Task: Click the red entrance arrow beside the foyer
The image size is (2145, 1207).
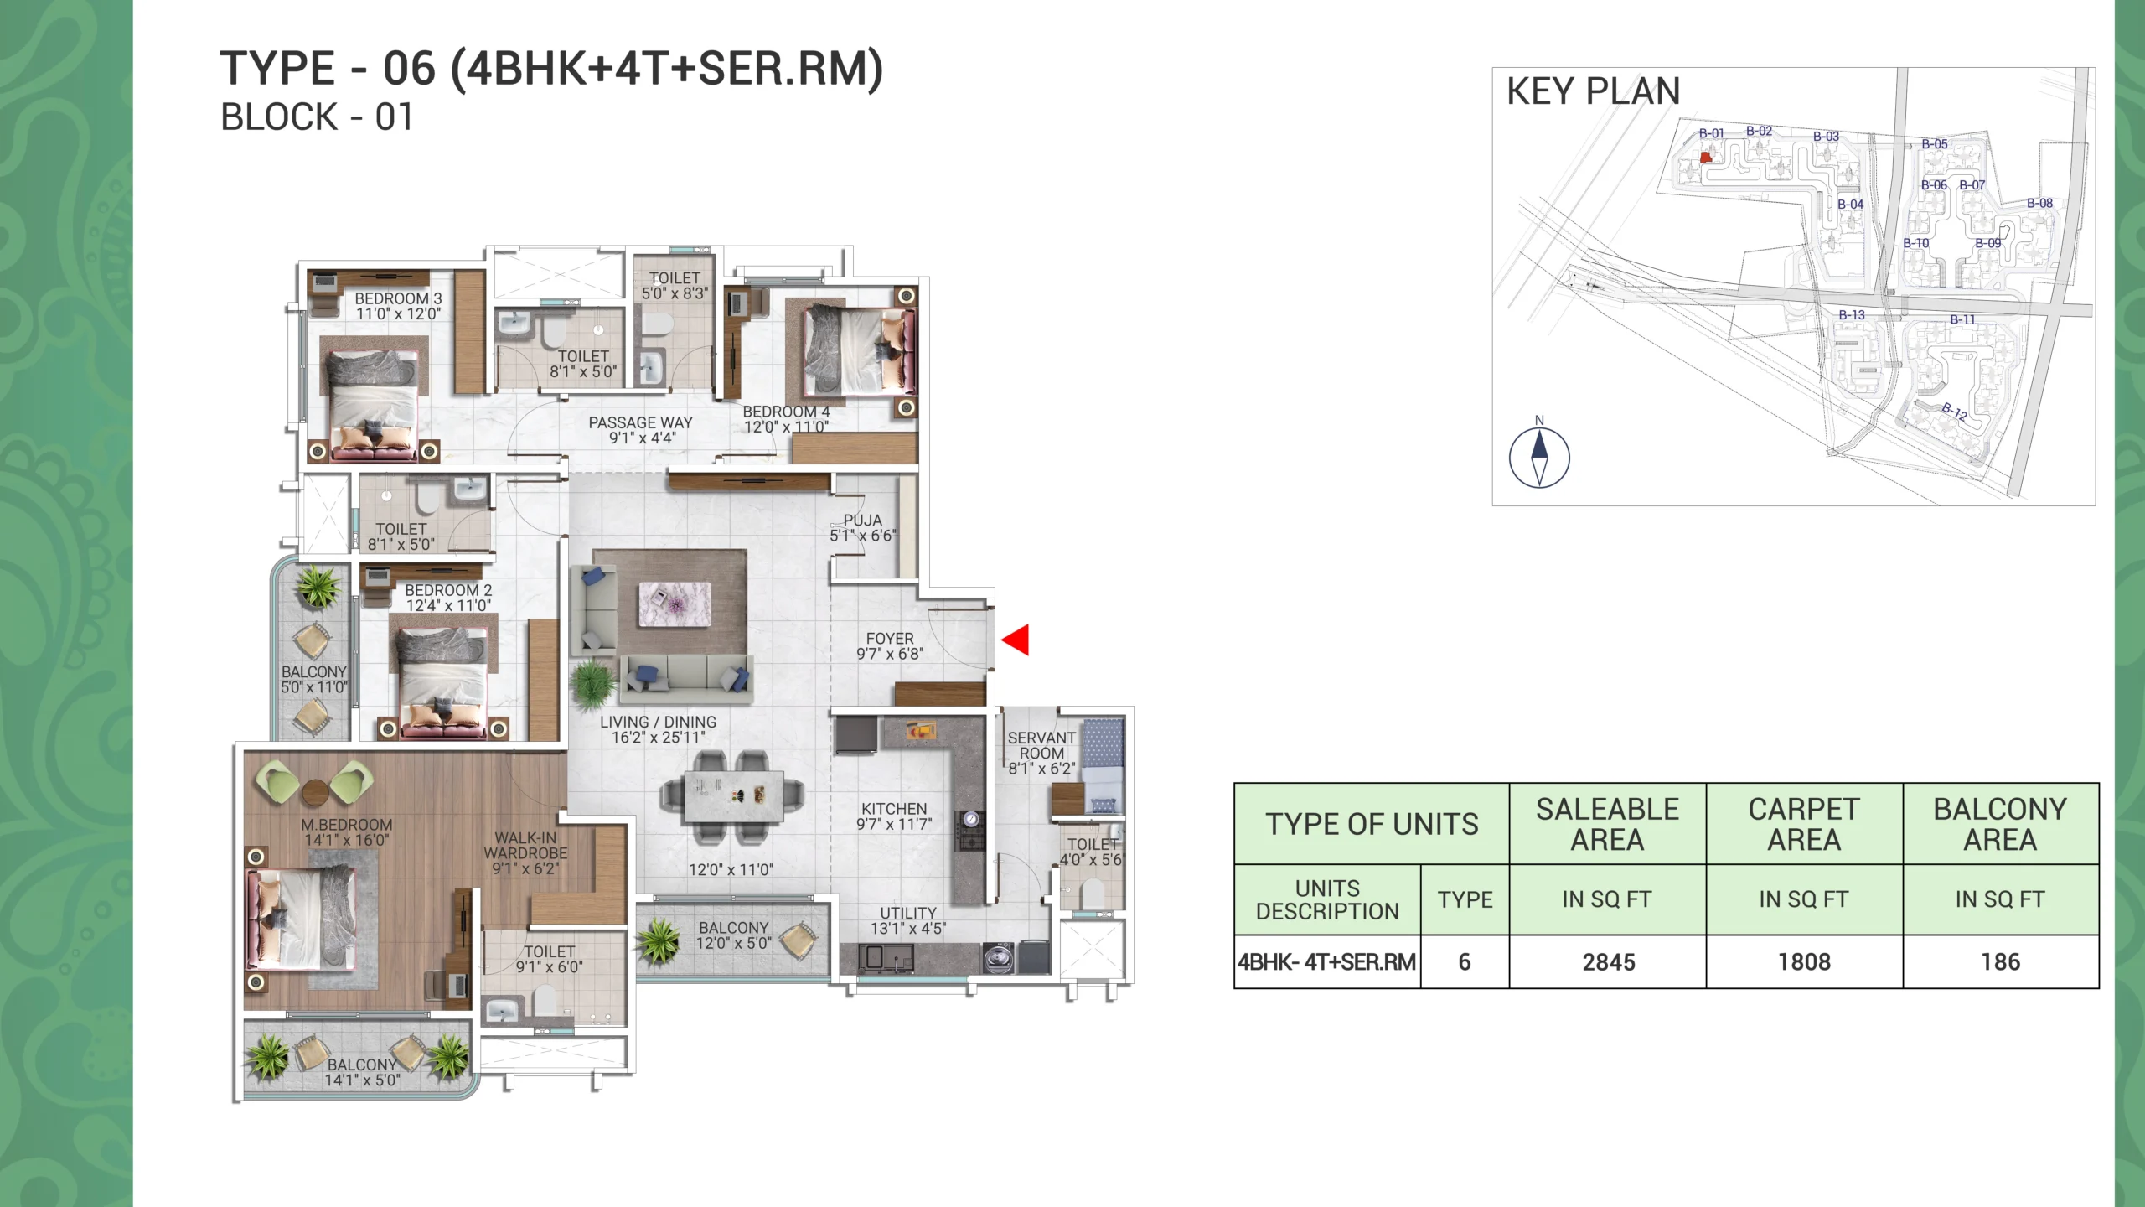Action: pyautogui.click(x=1016, y=640)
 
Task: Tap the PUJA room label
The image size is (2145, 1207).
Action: pyautogui.click(x=862, y=521)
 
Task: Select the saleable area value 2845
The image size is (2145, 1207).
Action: pyautogui.click(x=1608, y=962)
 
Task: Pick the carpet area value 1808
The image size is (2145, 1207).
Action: pyautogui.click(x=1804, y=962)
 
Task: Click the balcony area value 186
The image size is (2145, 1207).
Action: pyautogui.click(x=2000, y=962)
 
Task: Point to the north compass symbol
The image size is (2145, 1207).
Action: pyautogui.click(x=1539, y=457)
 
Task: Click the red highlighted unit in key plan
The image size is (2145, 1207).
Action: pyautogui.click(x=1706, y=157)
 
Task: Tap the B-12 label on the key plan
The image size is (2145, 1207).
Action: pyautogui.click(x=1955, y=412)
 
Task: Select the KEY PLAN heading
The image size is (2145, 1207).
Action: pyautogui.click(x=1593, y=91)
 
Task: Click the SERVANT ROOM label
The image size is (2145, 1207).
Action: pyautogui.click(x=1041, y=745)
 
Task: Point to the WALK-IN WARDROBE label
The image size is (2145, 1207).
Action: pyautogui.click(x=525, y=845)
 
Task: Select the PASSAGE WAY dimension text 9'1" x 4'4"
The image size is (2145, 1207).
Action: pyautogui.click(x=642, y=438)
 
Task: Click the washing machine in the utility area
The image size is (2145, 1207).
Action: pyautogui.click(x=997, y=958)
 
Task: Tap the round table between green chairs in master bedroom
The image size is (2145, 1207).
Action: pyautogui.click(x=315, y=792)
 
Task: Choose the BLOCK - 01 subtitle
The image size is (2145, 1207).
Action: pyautogui.click(x=316, y=117)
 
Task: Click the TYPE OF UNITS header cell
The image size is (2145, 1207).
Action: pyautogui.click(x=1372, y=824)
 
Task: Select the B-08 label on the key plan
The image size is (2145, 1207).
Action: pyautogui.click(x=2039, y=203)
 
